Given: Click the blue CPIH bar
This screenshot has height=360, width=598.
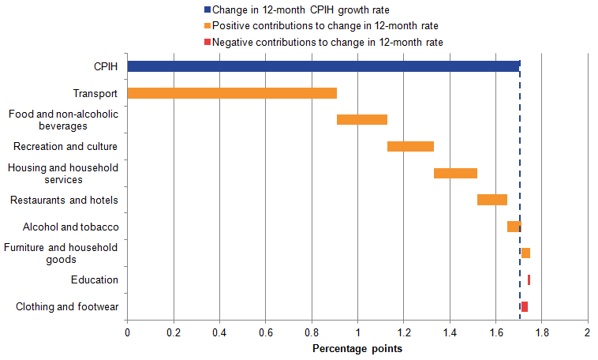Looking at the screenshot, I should pyautogui.click(x=323, y=66).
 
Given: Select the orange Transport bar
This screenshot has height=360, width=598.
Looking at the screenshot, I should pyautogui.click(x=232, y=93).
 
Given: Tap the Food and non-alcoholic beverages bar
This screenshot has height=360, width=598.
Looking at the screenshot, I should pyautogui.click(x=362, y=120).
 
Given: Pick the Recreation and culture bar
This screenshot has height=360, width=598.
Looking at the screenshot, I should pyautogui.click(x=410, y=146).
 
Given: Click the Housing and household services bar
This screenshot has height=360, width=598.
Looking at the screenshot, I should pyautogui.click(x=455, y=173).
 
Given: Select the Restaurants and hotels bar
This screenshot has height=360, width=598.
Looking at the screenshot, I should pyautogui.click(x=492, y=200).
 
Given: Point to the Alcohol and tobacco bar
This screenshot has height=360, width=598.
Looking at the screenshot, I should pyautogui.click(x=514, y=227).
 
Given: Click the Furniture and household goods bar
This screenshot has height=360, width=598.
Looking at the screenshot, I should pyautogui.click(x=525, y=253).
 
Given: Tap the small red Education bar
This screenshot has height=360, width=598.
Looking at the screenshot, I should pyautogui.click(x=529, y=279).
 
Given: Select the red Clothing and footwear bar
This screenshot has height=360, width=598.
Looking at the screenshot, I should pyautogui.click(x=525, y=306).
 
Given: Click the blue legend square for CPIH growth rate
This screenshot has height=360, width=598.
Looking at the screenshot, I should pyautogui.click(x=207, y=10).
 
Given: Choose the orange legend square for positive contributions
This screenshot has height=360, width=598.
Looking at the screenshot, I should pyautogui.click(x=207, y=26).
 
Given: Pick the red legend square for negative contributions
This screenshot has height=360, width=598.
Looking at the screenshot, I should pyautogui.click(x=207, y=42).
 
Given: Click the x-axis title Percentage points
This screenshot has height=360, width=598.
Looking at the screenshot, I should pyautogui.click(x=357, y=348).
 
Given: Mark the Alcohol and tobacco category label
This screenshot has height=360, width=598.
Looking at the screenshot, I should pyautogui.click(x=71, y=227).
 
